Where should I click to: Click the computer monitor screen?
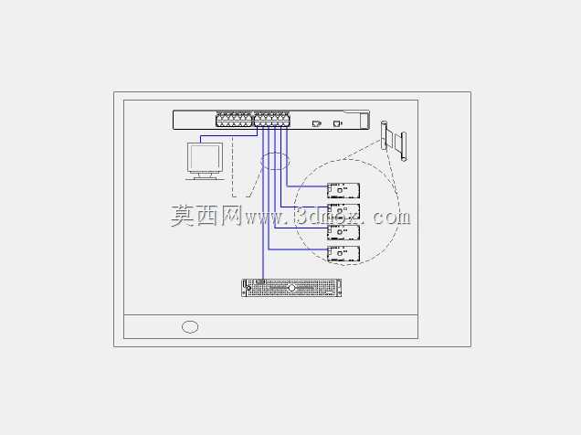(205, 157)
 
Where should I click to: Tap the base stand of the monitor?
(205, 177)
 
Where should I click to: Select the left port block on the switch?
(234, 120)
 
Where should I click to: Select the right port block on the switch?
(272, 120)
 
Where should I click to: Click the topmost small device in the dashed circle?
(343, 190)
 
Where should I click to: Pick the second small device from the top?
(343, 212)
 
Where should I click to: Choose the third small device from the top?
(343, 233)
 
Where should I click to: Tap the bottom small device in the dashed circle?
(343, 254)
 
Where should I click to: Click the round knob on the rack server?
(291, 288)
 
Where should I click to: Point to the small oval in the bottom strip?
(190, 327)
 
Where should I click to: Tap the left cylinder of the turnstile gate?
(385, 135)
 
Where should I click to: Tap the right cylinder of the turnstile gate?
(404, 146)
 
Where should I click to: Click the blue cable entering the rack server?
(263, 203)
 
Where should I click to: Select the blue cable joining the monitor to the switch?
(228, 135)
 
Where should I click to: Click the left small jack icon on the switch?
(316, 123)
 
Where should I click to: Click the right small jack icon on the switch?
(338, 123)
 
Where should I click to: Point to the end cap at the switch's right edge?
(365, 120)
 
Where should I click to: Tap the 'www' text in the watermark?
(263, 217)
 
